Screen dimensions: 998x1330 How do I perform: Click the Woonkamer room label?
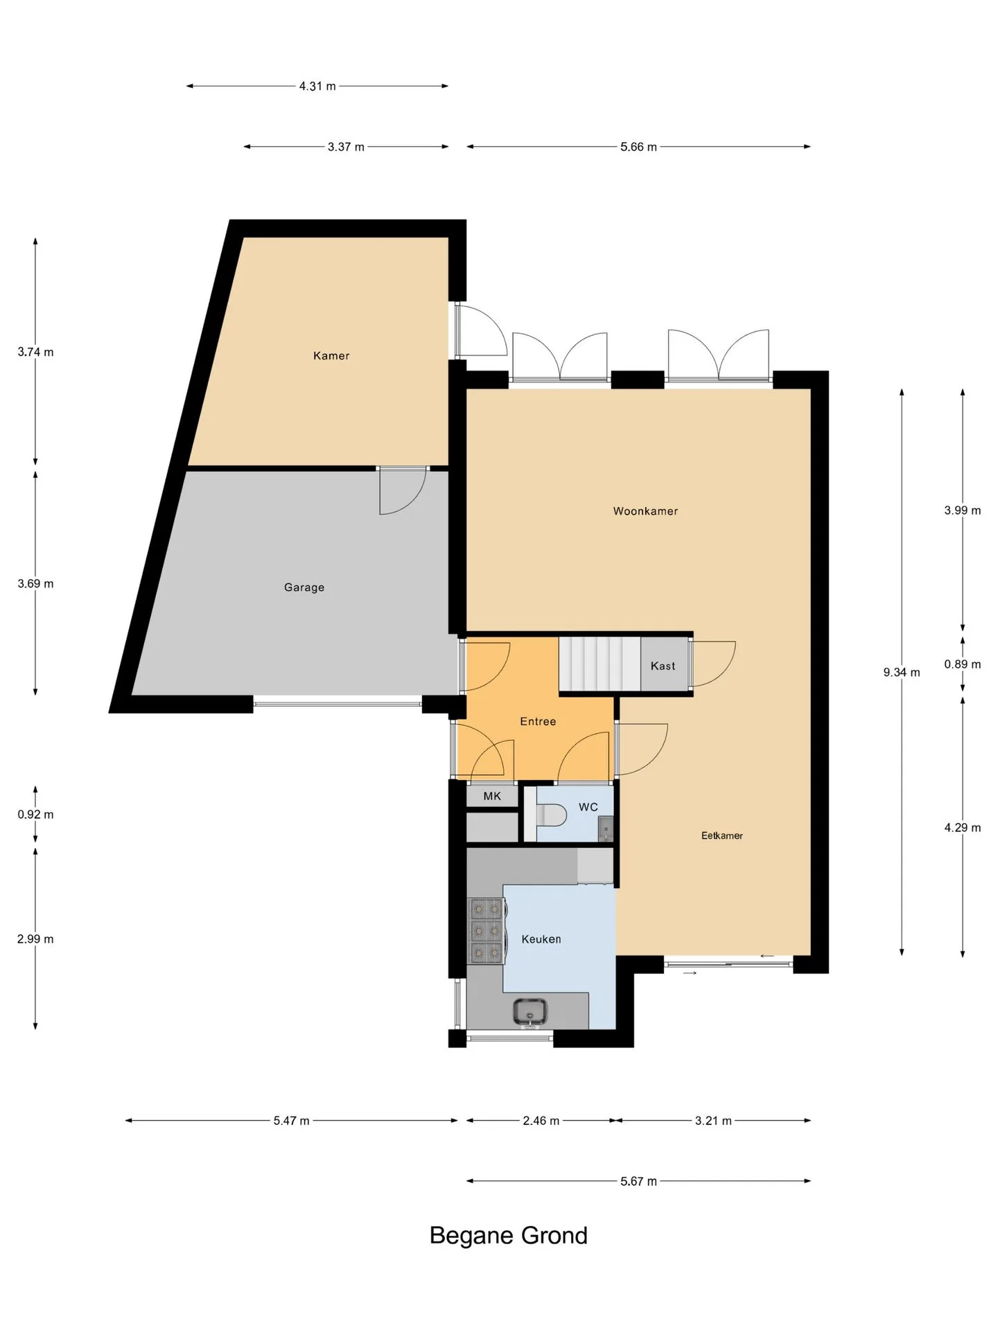tap(645, 511)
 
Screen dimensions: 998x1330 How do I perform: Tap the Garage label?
tap(304, 587)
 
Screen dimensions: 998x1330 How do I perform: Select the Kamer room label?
tap(331, 356)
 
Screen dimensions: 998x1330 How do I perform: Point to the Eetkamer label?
tap(721, 835)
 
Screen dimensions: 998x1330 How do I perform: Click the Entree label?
tap(538, 722)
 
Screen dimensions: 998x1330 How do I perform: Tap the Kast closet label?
tap(663, 666)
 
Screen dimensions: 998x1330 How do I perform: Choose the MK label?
tap(492, 797)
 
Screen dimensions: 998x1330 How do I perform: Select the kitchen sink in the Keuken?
tap(530, 1012)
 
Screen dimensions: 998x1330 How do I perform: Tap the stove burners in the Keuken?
tap(487, 930)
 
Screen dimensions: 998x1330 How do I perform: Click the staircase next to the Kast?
tap(599, 664)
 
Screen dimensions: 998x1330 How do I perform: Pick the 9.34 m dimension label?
tap(902, 672)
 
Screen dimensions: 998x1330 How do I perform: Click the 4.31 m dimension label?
tap(317, 87)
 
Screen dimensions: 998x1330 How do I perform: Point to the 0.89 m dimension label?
tap(963, 664)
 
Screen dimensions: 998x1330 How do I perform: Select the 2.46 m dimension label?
tap(541, 1121)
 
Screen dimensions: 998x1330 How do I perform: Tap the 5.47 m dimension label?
tap(291, 1121)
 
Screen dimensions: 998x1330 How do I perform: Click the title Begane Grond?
tap(509, 1236)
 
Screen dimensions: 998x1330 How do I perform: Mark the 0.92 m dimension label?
tap(35, 815)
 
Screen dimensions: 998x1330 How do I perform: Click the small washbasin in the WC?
tap(605, 828)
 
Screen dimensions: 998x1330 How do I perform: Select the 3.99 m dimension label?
tap(963, 511)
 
